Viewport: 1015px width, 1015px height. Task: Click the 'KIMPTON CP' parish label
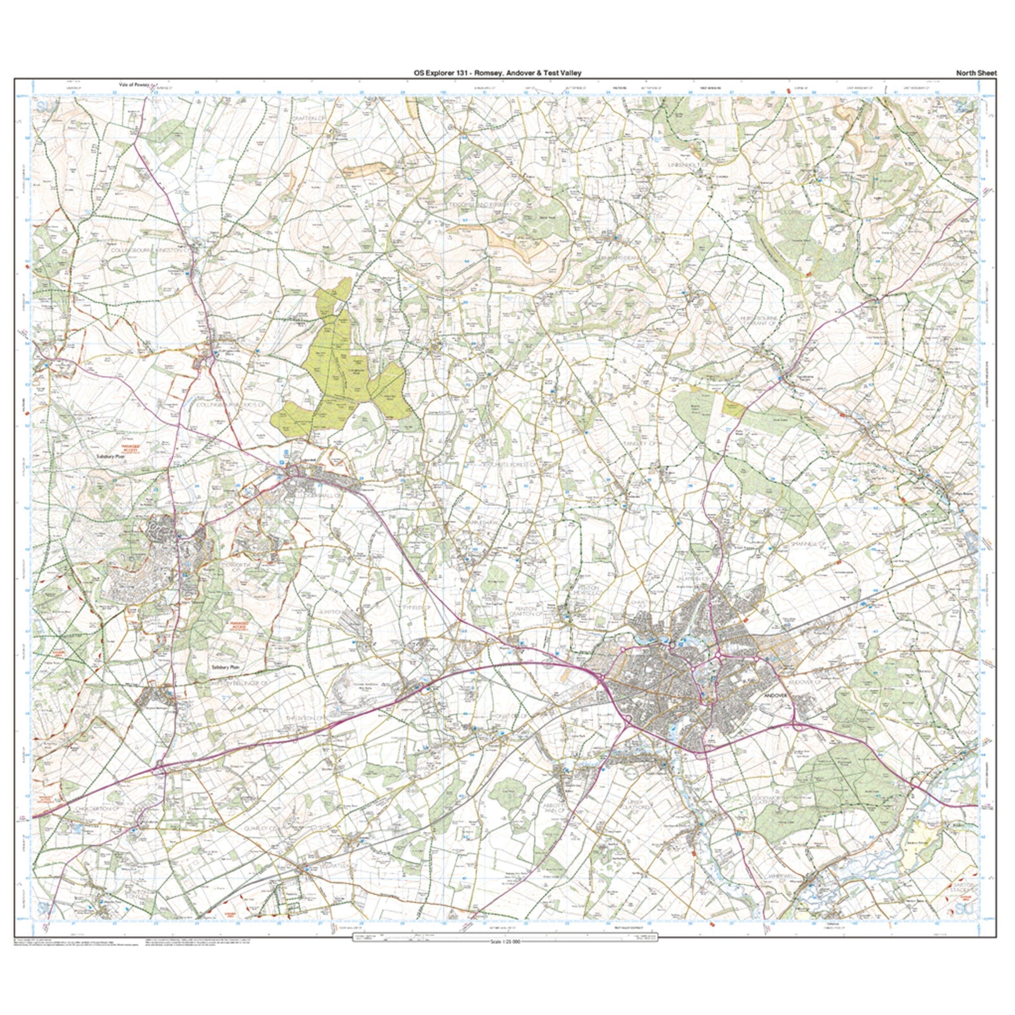click(x=332, y=613)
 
